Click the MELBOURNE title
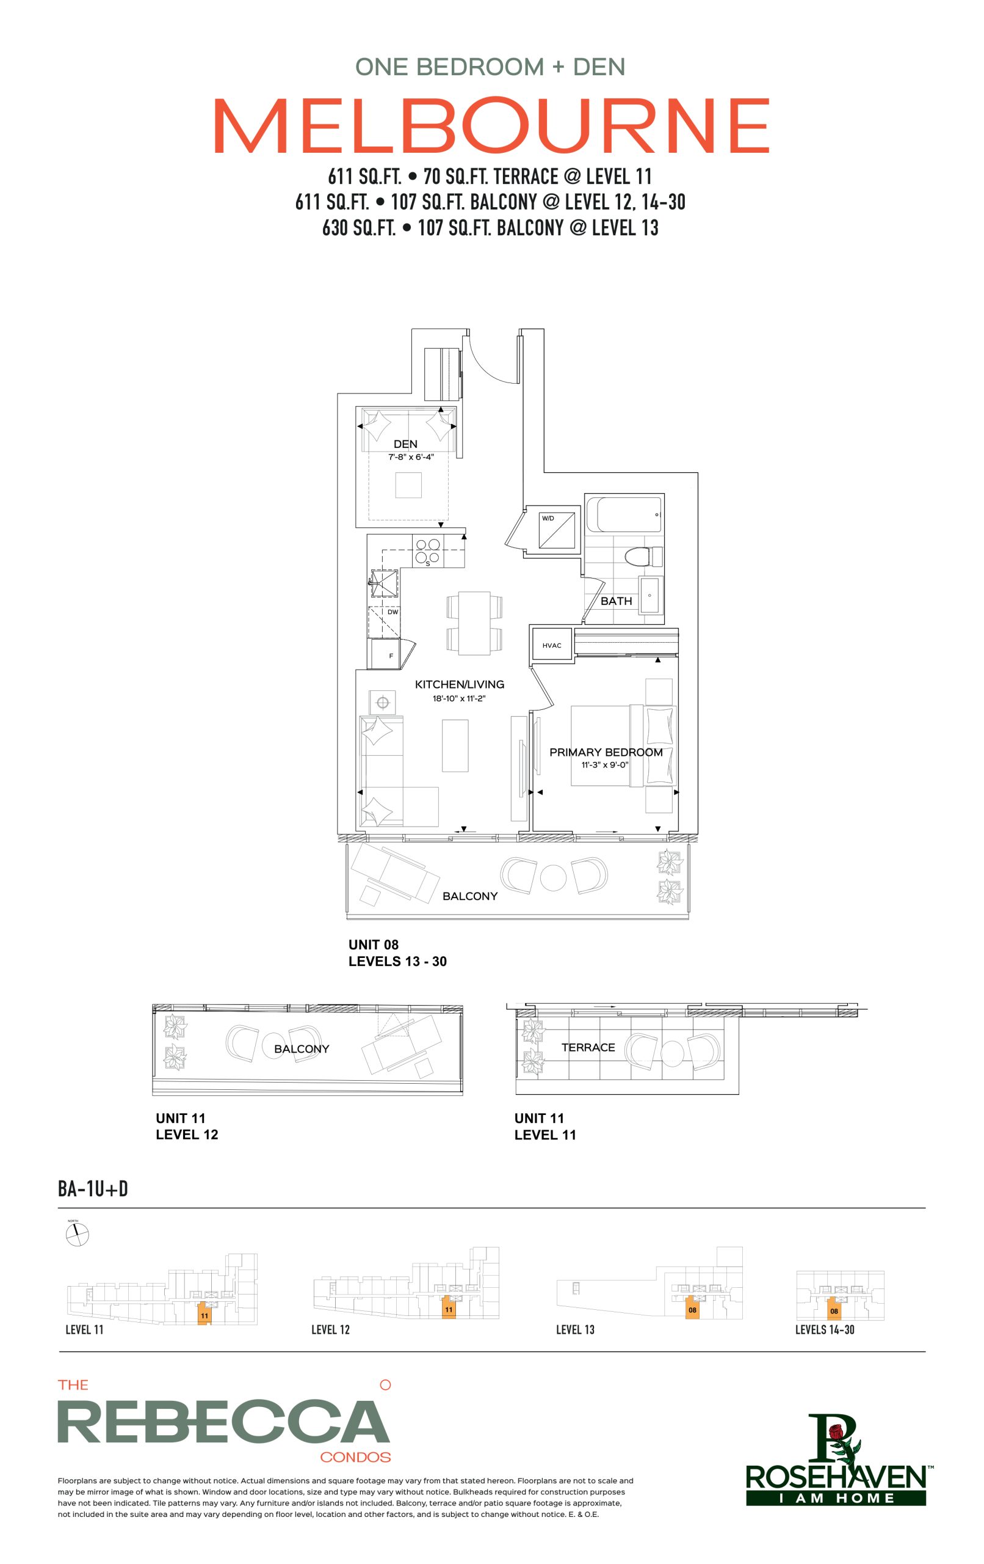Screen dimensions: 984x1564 coord(491,125)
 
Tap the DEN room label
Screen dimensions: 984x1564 coord(406,444)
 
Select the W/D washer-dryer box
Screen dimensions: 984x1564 coord(557,531)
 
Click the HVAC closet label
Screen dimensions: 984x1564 coord(552,646)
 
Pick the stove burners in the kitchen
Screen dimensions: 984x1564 coord(428,551)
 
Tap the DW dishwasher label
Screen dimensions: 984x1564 coord(393,612)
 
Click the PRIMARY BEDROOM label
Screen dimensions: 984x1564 coord(606,752)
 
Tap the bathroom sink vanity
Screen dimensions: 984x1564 coord(651,595)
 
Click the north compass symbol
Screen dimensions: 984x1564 coord(78,1234)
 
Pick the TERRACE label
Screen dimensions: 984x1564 coord(588,1047)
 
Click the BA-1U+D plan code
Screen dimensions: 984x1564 coord(93,1189)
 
